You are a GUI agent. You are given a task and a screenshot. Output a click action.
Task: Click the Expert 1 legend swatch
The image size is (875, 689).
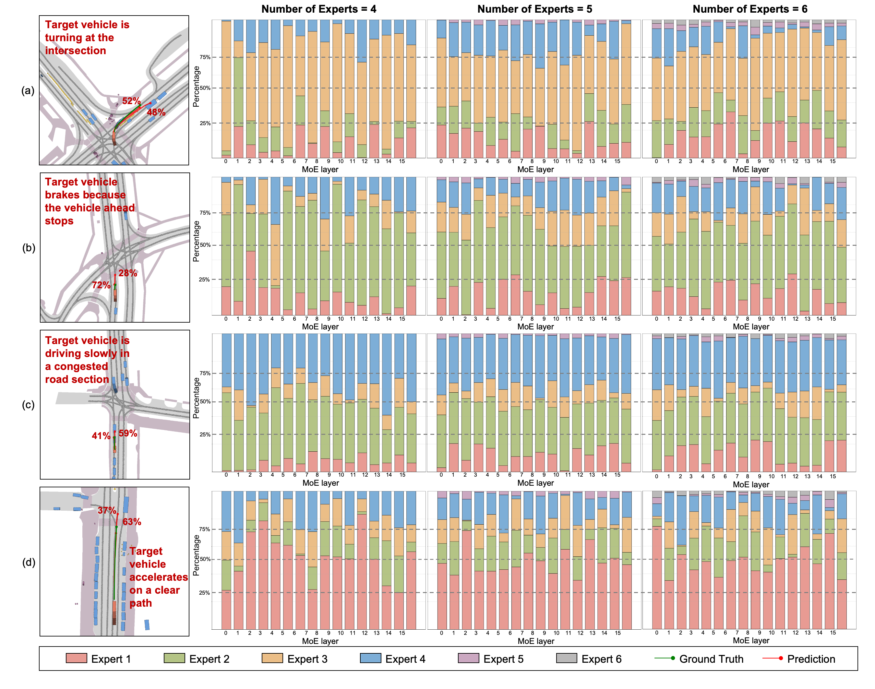click(76, 658)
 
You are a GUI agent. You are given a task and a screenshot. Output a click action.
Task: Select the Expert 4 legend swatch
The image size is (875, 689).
click(370, 658)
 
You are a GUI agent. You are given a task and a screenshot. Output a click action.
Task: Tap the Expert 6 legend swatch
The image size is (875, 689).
click(566, 658)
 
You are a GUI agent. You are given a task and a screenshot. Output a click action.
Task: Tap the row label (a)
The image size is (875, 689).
click(28, 90)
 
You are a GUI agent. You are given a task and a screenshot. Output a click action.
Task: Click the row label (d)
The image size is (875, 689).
click(28, 562)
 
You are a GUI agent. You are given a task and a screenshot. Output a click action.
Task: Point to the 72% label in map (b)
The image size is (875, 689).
click(101, 285)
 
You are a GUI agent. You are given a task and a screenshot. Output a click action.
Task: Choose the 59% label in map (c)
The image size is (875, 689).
click(128, 433)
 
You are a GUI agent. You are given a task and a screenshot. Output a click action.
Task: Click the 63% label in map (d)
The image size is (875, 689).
click(132, 522)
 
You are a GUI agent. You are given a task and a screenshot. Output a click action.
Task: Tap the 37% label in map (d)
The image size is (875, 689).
click(107, 510)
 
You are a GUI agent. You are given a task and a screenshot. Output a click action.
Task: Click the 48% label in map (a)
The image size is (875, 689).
click(156, 112)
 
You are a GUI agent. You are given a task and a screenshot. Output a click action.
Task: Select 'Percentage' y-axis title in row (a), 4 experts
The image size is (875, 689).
click(196, 87)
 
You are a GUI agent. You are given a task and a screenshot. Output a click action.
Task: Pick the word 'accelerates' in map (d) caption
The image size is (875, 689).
click(159, 577)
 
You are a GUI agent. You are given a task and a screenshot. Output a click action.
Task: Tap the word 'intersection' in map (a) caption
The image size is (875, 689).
click(76, 51)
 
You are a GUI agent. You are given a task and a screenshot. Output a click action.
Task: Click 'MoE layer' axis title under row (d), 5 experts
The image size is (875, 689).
click(536, 641)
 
